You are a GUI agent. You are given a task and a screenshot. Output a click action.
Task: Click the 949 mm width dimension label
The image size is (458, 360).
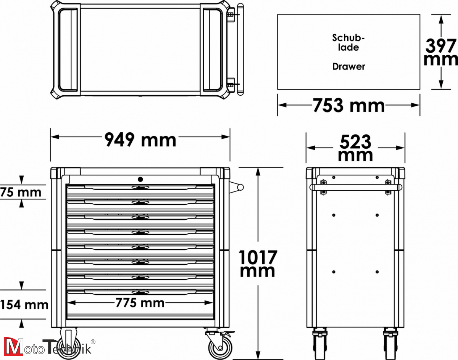140,140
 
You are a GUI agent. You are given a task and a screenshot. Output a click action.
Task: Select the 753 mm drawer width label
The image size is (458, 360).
348,106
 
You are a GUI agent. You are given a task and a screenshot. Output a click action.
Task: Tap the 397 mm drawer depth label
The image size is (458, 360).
441,53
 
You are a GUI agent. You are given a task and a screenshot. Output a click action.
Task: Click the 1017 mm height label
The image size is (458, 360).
257,264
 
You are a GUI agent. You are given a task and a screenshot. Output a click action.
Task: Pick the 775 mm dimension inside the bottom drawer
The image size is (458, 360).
140,303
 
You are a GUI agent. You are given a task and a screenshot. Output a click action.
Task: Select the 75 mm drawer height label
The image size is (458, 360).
21,192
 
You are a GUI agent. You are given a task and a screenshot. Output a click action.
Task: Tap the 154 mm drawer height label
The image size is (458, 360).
24,305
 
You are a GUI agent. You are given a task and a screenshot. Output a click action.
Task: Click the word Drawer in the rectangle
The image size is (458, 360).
348,67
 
